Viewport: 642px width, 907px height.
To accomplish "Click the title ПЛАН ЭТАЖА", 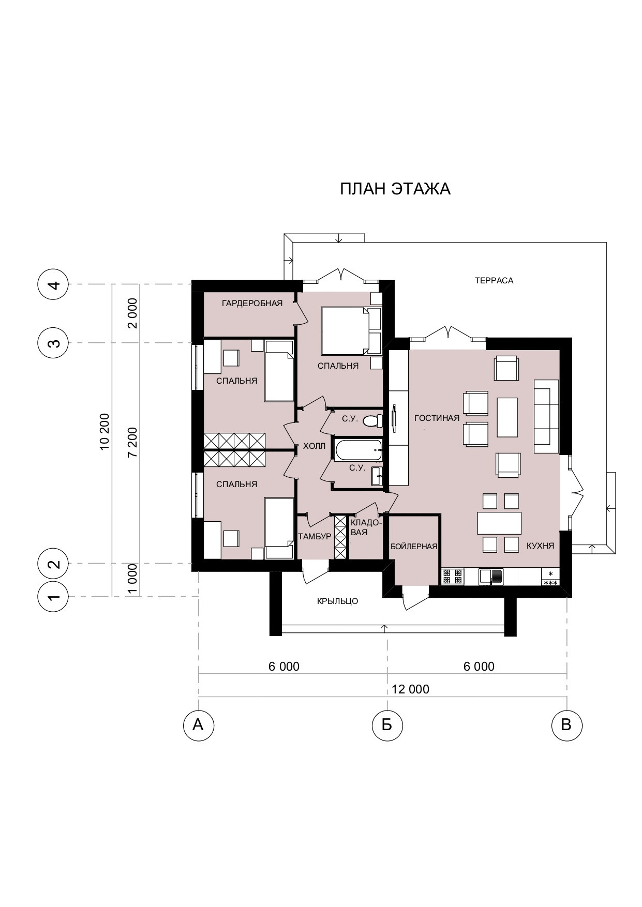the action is click(x=395, y=189).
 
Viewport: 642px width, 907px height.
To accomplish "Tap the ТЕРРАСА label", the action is click(x=494, y=281).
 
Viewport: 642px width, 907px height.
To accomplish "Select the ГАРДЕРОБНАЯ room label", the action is click(x=252, y=303).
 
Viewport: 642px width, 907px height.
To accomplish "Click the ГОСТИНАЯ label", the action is click(x=437, y=418).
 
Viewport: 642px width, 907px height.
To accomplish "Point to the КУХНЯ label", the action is click(x=541, y=546).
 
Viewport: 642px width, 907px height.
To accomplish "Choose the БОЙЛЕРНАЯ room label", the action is click(x=414, y=546).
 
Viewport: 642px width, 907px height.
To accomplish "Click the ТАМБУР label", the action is click(x=315, y=537).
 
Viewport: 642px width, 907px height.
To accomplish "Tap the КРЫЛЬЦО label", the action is click(x=337, y=601).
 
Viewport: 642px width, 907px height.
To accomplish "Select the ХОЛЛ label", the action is click(x=314, y=446).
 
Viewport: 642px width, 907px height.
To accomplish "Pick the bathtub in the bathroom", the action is click(x=359, y=450).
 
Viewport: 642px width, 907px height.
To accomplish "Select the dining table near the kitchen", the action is click(x=499, y=523).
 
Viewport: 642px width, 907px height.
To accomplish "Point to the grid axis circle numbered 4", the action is click(x=53, y=284).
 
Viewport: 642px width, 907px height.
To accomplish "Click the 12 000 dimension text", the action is click(x=410, y=689).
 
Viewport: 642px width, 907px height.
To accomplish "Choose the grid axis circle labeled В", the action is click(x=567, y=725).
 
